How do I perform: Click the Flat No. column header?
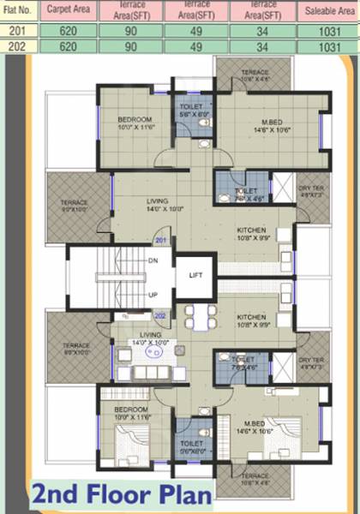click(x=18, y=12)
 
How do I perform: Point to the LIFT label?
click(x=195, y=276)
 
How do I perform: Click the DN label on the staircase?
click(x=153, y=260)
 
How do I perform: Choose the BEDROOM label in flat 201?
click(x=135, y=118)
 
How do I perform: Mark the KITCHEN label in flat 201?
click(x=252, y=230)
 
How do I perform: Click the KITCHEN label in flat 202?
click(x=252, y=317)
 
